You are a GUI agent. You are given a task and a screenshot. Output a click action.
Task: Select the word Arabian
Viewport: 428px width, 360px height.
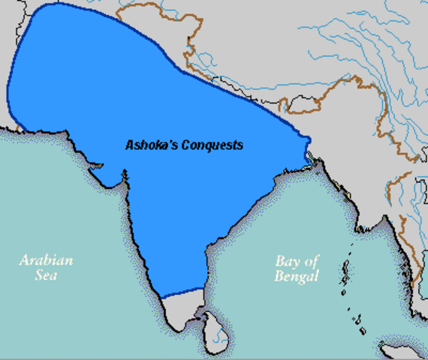point(46,261)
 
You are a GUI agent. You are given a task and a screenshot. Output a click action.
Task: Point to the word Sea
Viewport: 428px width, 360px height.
point(46,276)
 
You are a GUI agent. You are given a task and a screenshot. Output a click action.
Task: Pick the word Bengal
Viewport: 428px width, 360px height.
point(297,276)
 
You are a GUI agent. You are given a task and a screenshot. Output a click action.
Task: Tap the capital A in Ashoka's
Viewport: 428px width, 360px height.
point(129,145)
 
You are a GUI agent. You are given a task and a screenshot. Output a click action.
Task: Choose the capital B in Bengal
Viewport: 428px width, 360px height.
point(279,276)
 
